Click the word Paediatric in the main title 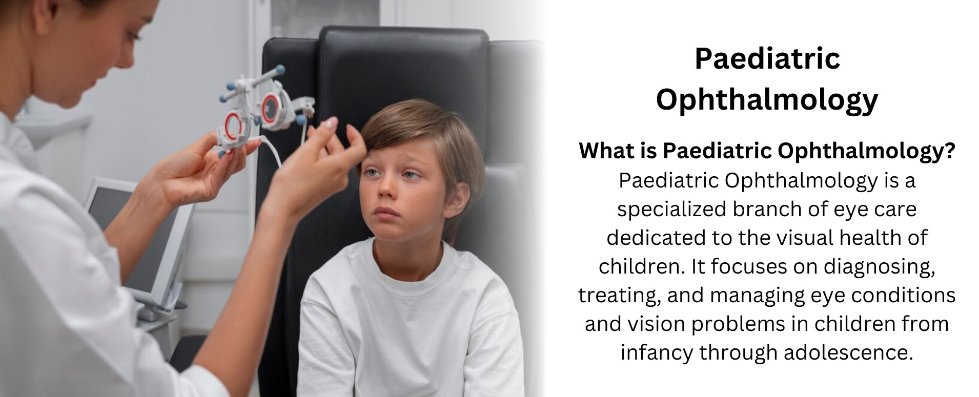pos(767,59)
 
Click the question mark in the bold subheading pos(949,151)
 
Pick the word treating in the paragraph pos(619,296)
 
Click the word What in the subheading pos(605,151)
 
